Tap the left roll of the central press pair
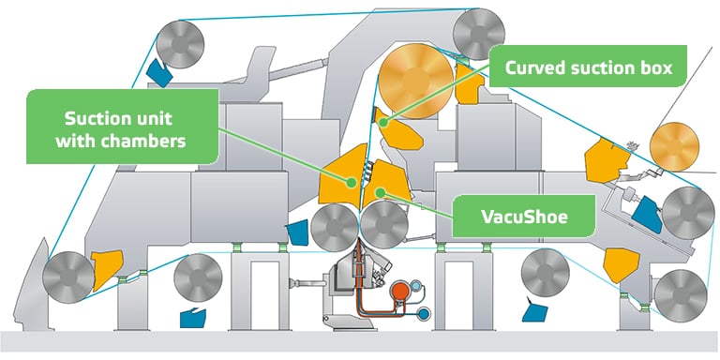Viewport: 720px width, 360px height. click(333, 226)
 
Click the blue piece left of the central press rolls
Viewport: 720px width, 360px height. click(299, 232)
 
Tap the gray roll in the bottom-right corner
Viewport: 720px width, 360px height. click(679, 292)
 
